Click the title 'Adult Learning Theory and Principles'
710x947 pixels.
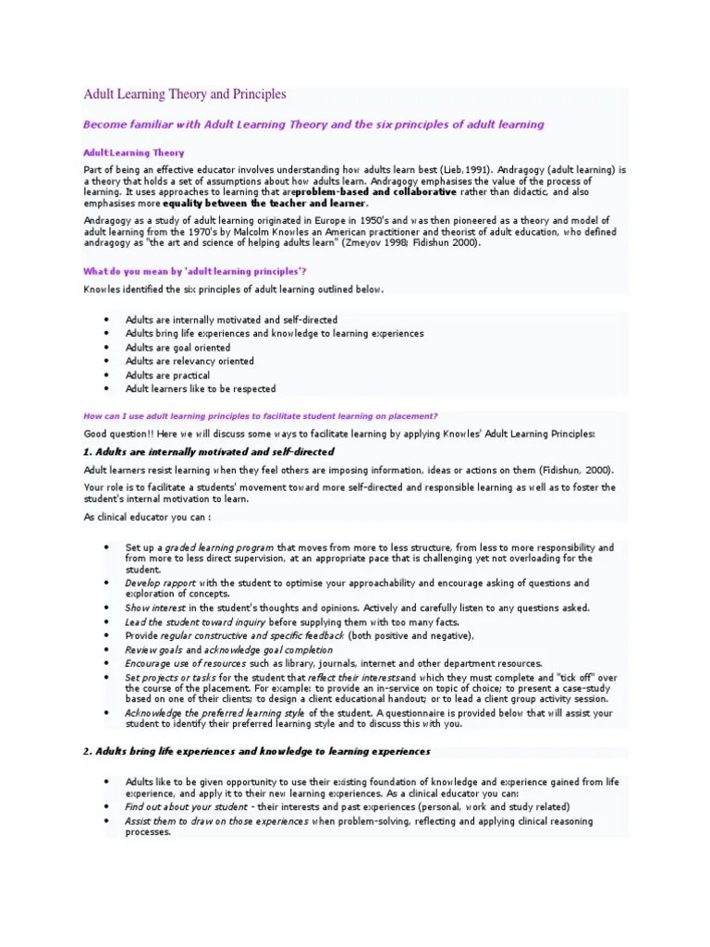pos(185,94)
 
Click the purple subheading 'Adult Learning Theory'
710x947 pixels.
pos(134,153)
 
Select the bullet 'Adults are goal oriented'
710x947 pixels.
pos(177,348)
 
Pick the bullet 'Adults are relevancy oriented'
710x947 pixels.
pos(189,362)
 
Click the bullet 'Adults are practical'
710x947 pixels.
pos(167,375)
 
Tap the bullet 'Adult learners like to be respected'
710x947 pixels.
pos(201,389)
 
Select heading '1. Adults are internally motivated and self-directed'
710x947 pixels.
pos(209,451)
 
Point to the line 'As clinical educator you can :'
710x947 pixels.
pos(147,517)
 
